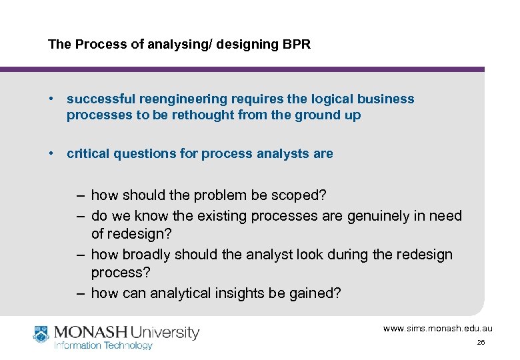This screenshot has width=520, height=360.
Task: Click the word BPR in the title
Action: pos(297,45)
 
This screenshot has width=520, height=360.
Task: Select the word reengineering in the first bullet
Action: pos(183,99)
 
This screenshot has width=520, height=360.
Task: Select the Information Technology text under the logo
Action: pos(103,345)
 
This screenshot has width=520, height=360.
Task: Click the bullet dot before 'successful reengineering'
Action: pos(51,99)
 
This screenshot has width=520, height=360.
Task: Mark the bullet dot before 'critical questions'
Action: pos(51,154)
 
